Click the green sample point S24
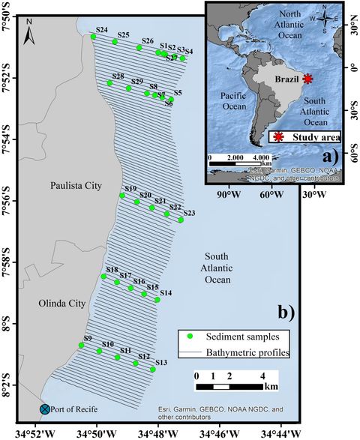coord(93,37)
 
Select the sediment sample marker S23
coord(181,220)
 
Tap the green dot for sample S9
coord(81,345)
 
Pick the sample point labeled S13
coord(153,370)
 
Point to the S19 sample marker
coord(122,196)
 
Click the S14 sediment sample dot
coord(157,300)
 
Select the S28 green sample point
coord(109,83)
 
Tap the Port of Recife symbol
coord(45,409)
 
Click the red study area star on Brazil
coord(307,78)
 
